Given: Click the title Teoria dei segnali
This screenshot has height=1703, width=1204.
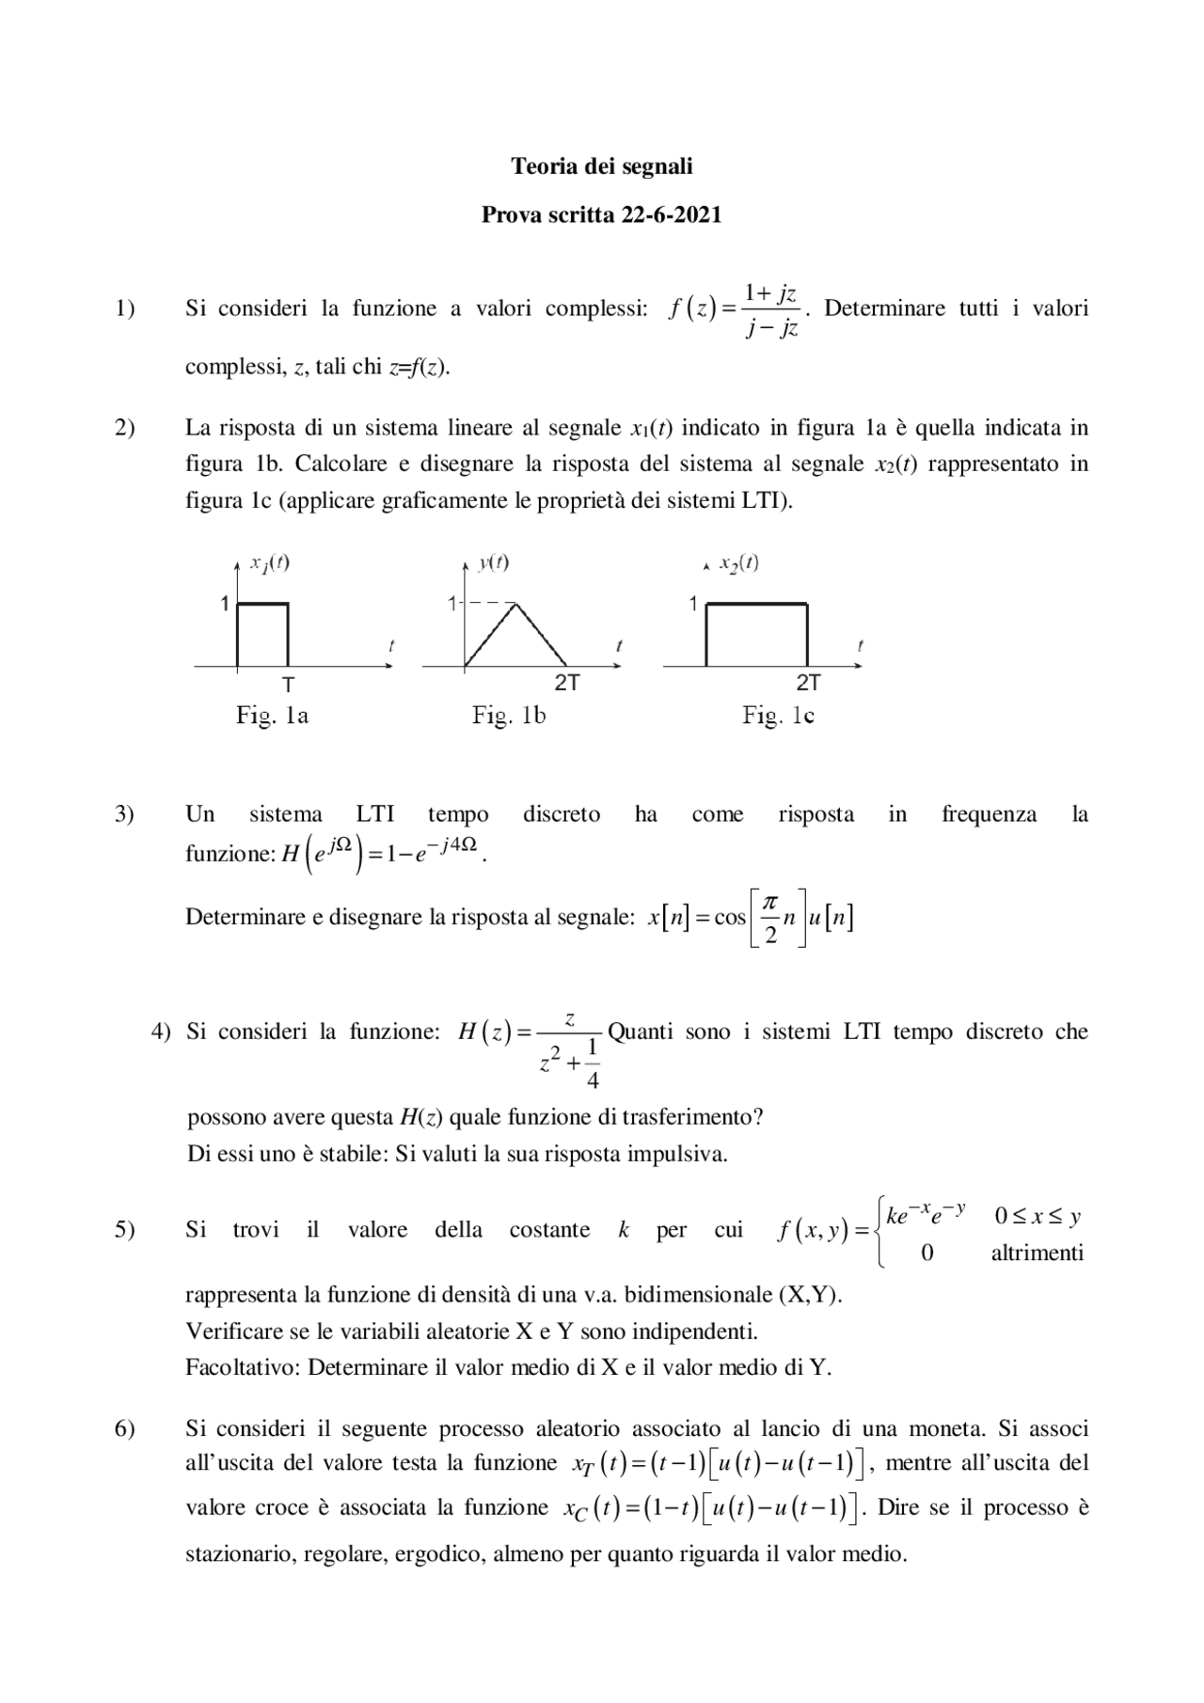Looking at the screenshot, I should coord(601,166).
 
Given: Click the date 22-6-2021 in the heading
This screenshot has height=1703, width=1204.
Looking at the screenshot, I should coord(671,215).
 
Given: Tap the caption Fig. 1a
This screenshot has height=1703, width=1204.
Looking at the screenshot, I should coord(272,716).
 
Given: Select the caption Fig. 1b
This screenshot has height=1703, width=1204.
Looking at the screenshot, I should coord(509,716).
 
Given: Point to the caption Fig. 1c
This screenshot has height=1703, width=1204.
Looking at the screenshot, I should coord(778,716).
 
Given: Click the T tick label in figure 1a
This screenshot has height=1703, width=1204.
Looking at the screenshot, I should coord(288,685).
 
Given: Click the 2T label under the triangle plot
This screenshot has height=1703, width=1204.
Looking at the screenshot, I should coord(566,684).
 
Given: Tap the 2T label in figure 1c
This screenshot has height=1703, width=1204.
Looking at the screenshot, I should coord(807,684).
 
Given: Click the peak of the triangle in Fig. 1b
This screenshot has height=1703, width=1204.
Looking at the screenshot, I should coord(515,603).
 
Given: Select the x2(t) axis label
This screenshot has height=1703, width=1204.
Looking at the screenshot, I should coord(738,564).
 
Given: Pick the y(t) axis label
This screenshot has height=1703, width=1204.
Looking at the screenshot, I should coord(494,563).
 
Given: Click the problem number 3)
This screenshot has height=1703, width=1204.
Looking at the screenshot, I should coord(125,814).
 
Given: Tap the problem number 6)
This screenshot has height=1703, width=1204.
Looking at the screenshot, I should coord(125,1428).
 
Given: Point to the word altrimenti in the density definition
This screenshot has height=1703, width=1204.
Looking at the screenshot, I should coord(1037,1253).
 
